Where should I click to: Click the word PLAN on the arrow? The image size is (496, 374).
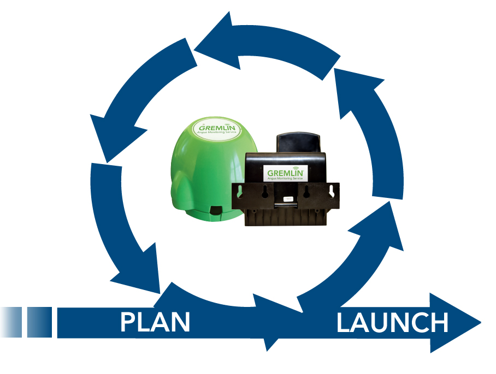pos(155,322)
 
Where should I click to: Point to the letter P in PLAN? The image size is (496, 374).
pos(128,322)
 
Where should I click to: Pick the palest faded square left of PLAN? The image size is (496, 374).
pos(11,321)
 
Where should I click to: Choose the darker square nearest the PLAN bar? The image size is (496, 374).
pos(39,321)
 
